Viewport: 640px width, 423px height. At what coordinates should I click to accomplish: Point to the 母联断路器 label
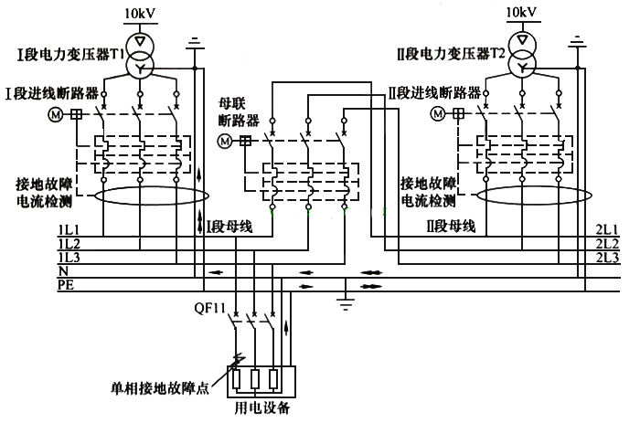point(238,111)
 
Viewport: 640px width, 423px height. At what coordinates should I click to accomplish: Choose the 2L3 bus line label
point(608,259)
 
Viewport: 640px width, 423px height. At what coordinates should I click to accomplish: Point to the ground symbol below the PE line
point(344,301)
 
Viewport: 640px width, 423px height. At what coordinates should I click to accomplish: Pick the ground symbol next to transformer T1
point(194,42)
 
